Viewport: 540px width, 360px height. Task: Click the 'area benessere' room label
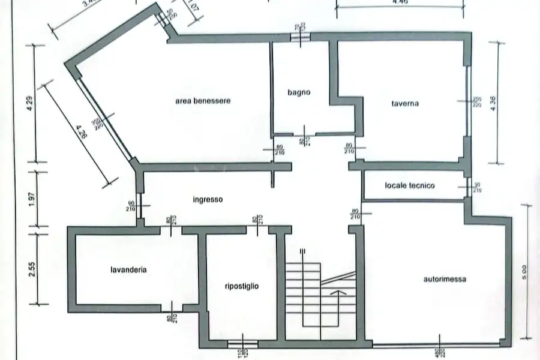click(x=203, y=101)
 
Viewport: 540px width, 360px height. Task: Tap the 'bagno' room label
click(x=298, y=92)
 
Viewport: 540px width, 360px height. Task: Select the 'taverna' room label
click(x=405, y=103)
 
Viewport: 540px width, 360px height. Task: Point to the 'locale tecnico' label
click(x=410, y=186)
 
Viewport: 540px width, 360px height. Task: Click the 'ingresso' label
click(x=208, y=200)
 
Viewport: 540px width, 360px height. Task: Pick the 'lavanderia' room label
click(x=128, y=270)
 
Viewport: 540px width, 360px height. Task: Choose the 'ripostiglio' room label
click(x=241, y=286)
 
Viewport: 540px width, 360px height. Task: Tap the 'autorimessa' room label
click(x=445, y=279)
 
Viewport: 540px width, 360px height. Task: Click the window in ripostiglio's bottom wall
click(x=242, y=344)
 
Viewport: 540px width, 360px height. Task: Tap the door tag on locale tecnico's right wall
click(x=478, y=187)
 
